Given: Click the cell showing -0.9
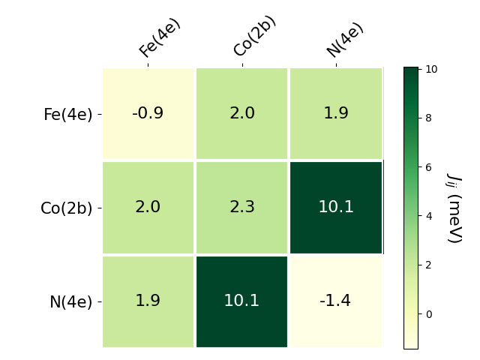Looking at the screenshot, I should pyautogui.click(x=148, y=114).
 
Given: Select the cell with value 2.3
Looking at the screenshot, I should pyautogui.click(x=241, y=208).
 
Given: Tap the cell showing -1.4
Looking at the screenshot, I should pyautogui.click(x=335, y=301).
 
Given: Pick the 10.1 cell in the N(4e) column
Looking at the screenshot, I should pyautogui.click(x=335, y=208).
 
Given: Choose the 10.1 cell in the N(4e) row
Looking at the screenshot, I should pyautogui.click(x=241, y=301).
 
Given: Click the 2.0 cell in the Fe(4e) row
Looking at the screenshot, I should pyautogui.click(x=241, y=114).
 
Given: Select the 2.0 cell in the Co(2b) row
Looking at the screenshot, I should pyautogui.click(x=148, y=208).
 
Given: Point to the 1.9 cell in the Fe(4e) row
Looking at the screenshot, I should pyautogui.click(x=335, y=114).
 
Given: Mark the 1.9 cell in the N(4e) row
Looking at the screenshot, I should pyautogui.click(x=148, y=301).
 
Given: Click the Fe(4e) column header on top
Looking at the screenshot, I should pyautogui.click(x=160, y=37).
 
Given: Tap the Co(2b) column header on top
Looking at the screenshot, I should pyautogui.click(x=254, y=36).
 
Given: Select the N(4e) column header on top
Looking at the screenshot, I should pyautogui.click(x=345, y=40).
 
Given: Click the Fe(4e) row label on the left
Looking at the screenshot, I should pyautogui.click(x=67, y=115).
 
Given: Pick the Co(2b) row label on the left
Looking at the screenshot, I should pyautogui.click(x=66, y=208).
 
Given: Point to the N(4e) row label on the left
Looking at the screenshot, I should pyautogui.click(x=70, y=302).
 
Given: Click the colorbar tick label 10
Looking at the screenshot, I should pyautogui.click(x=431, y=69).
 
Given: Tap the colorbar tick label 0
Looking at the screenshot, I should pyautogui.click(x=429, y=314).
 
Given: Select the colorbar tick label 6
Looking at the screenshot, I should pyautogui.click(x=429, y=167).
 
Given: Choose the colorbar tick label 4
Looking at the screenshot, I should pyautogui.click(x=429, y=216).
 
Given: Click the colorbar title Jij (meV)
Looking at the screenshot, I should pyautogui.click(x=454, y=208).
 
